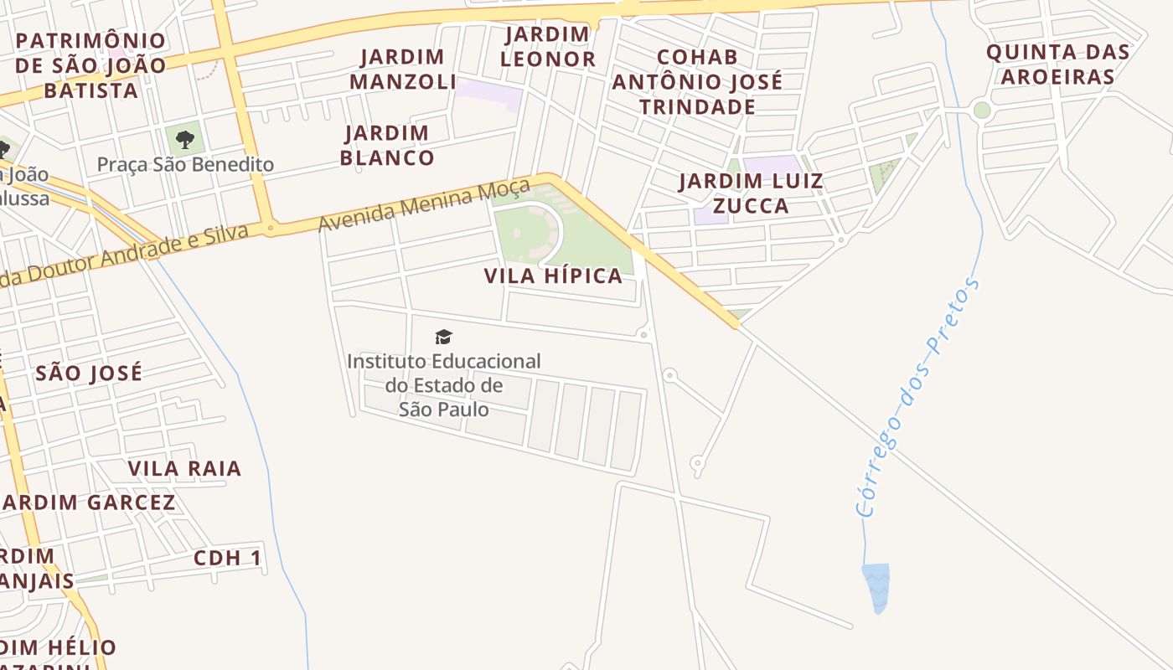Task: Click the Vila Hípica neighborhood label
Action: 553,276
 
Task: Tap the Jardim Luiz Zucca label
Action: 751,193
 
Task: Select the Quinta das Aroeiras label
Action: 1057,64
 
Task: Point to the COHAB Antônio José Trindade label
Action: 697,81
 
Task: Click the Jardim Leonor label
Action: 548,47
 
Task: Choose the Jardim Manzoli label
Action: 403,69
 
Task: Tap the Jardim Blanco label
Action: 387,145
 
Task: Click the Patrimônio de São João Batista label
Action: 90,65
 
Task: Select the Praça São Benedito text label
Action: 185,164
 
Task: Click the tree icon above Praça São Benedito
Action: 184,139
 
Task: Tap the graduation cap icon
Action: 443,338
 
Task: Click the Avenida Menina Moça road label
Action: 424,204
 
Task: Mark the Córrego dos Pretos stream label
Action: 917,397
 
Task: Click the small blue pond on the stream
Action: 876,586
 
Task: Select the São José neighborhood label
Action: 89,373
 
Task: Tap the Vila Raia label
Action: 184,468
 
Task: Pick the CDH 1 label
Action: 227,558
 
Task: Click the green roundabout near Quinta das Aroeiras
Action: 982,110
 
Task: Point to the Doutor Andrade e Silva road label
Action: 126,255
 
